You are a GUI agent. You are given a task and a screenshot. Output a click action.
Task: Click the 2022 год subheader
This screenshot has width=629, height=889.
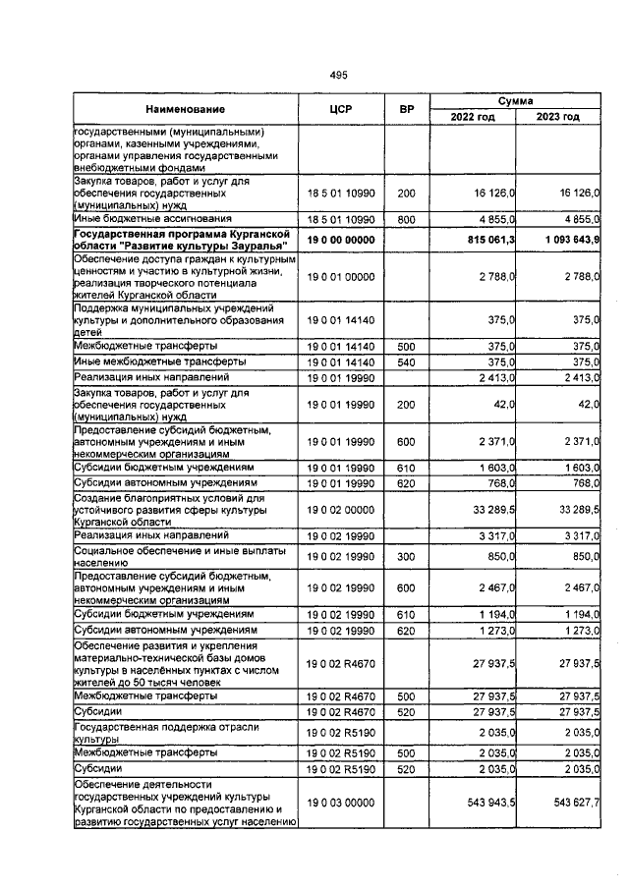pos(473,117)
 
